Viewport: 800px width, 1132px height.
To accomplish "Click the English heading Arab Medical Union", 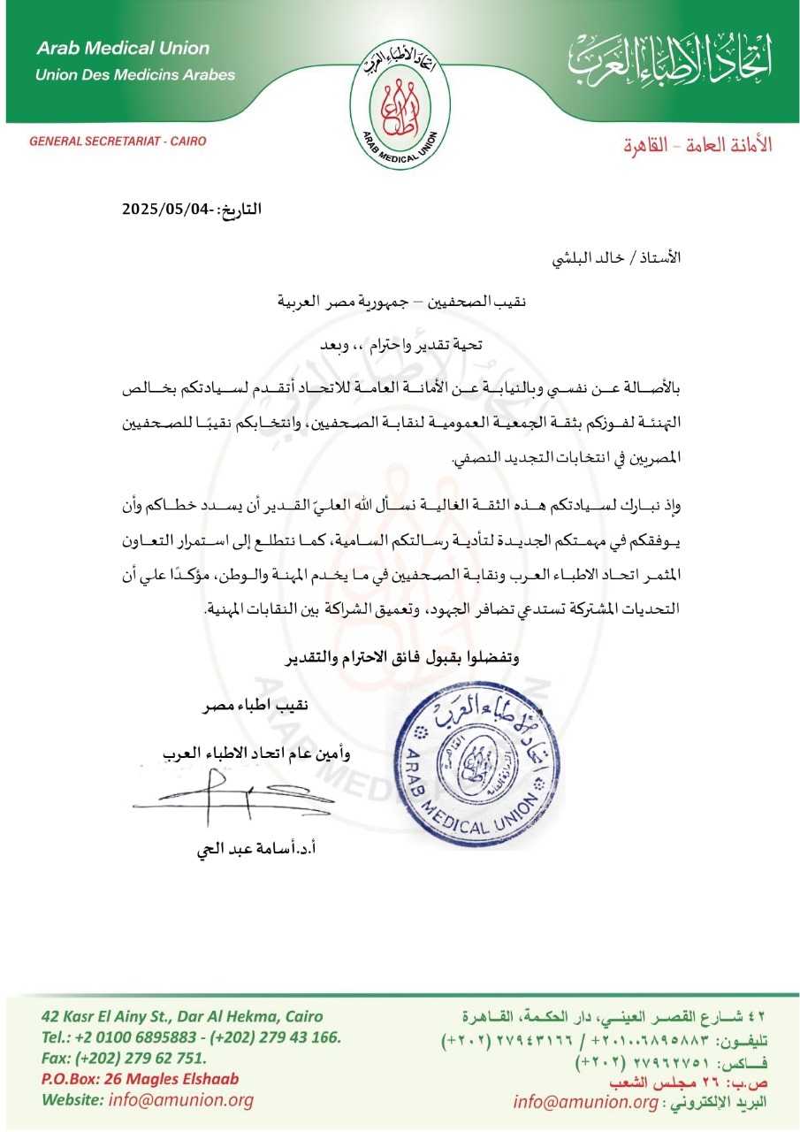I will pos(123,49).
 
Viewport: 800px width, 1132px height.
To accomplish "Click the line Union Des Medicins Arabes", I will pos(134,74).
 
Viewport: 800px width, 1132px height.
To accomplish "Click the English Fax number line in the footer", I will pos(124,1058).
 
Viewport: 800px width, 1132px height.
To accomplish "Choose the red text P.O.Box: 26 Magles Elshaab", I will pos(139,1079).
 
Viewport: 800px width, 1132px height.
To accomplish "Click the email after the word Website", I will pos(180,1100).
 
